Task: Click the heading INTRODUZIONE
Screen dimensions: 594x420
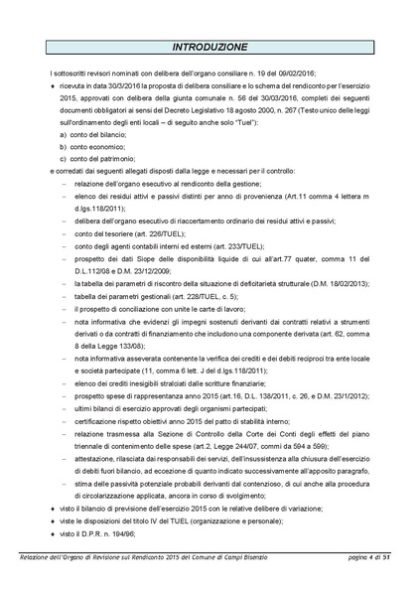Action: point(210,48)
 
